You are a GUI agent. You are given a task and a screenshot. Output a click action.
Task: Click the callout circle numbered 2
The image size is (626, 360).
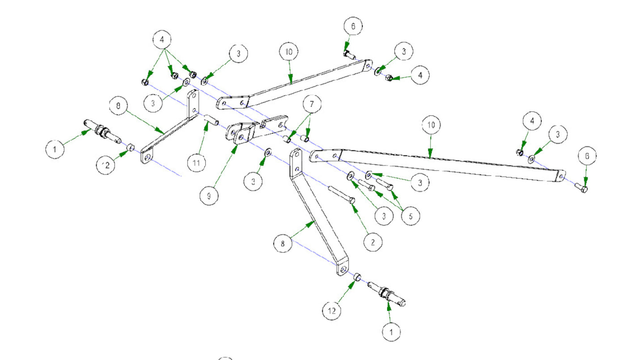pyautogui.click(x=373, y=242)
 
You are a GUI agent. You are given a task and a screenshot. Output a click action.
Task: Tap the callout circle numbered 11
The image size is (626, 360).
pyautogui.click(x=196, y=163)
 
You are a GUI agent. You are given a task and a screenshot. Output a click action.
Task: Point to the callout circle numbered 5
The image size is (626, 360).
pyautogui.click(x=410, y=215)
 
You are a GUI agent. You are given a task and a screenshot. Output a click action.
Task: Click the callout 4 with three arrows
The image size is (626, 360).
pyautogui.click(x=162, y=39)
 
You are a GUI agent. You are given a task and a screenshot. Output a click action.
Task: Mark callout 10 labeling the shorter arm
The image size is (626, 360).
pyautogui.click(x=289, y=51)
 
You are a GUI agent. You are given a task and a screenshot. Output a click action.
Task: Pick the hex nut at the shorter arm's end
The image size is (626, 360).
pyautogui.click(x=389, y=78)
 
